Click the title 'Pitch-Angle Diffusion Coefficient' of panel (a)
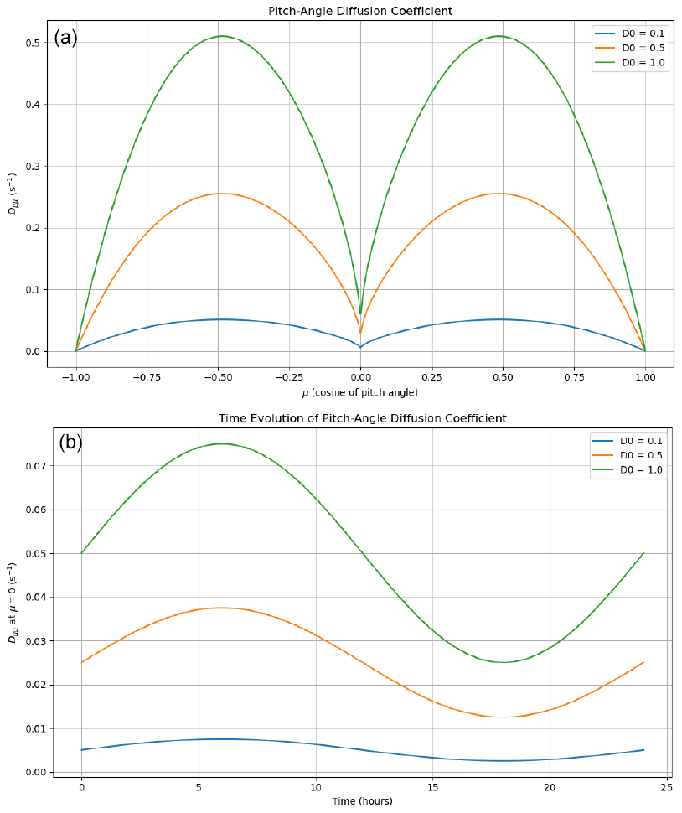[360, 10]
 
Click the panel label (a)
[65, 38]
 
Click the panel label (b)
[70, 443]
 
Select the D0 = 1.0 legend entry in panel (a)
[643, 62]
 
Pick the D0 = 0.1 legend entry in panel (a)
[643, 33]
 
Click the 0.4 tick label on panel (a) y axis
[31, 105]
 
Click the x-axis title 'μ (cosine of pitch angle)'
[360, 392]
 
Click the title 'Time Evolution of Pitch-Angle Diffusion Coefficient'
[362, 417]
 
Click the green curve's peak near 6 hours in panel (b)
[222, 443]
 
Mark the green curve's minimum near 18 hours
[503, 662]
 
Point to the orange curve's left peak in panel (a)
[219, 194]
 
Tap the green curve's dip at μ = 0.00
[360, 313]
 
